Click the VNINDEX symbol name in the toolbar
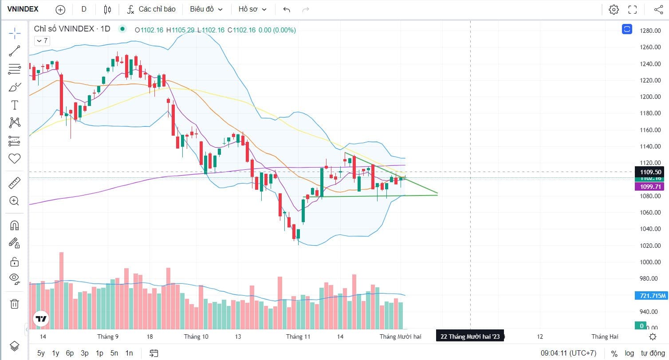click(x=23, y=9)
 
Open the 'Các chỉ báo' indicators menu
click(x=151, y=9)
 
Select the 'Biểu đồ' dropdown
click(x=206, y=9)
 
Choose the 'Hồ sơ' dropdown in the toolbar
click(x=252, y=9)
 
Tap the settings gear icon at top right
click(x=614, y=9)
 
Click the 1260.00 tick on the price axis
click(x=651, y=47)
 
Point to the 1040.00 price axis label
click(x=651, y=229)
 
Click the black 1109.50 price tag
click(x=651, y=172)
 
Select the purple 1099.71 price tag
click(x=651, y=187)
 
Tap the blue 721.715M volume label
click(x=651, y=295)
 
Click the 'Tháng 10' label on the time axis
click(x=196, y=337)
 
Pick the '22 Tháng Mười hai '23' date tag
click(x=470, y=337)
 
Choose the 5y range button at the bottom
click(x=41, y=353)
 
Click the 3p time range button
click(x=85, y=353)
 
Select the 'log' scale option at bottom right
click(x=629, y=353)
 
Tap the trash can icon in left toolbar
click(x=15, y=304)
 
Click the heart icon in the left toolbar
click(x=15, y=158)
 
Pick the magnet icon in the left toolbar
click(x=15, y=225)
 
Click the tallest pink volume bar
click(x=61, y=290)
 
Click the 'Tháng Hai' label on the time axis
click(x=605, y=337)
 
